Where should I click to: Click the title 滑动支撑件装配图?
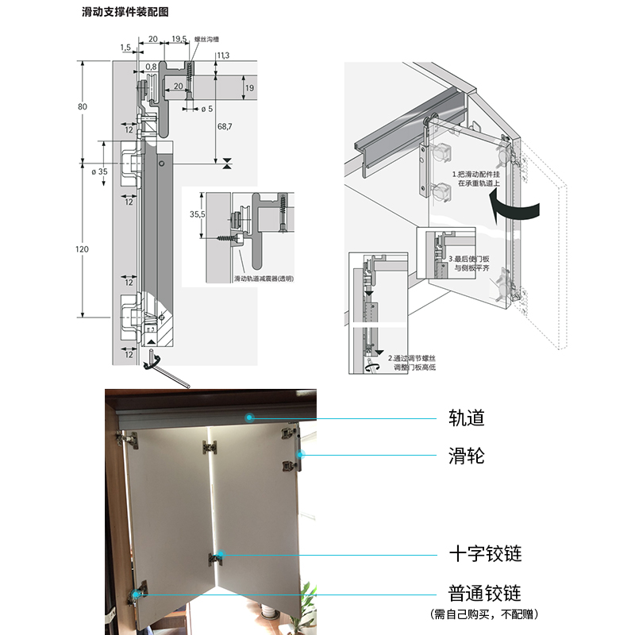pos(125,13)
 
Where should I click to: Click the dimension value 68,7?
pos(225,126)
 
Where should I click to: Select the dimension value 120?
pos(83,250)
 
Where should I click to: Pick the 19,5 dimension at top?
pos(179,38)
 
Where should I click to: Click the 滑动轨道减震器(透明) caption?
pos(264,279)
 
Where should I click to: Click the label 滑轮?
pos(466,456)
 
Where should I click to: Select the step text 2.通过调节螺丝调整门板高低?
pos(412,363)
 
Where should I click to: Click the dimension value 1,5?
pos(125,48)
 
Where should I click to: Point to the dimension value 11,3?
pos(222,55)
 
